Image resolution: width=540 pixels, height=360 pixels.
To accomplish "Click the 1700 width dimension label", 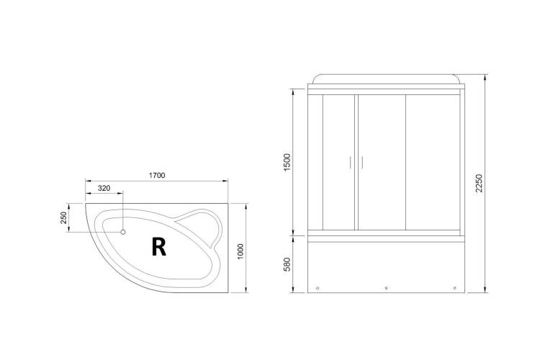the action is pos(157,176).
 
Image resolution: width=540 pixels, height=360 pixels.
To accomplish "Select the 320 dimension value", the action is pos(104,188).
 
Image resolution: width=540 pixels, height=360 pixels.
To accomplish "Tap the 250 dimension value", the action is pos(63,217).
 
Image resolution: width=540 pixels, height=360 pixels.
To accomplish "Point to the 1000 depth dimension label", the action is pos(240,252).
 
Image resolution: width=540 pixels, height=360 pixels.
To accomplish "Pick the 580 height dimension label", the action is pos(287,264).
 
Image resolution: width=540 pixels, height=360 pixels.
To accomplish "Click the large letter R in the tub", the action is pos(159,247).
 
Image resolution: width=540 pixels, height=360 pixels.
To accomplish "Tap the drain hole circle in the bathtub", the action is pos(122,232).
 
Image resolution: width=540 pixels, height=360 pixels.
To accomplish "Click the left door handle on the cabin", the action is pos(350,163).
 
